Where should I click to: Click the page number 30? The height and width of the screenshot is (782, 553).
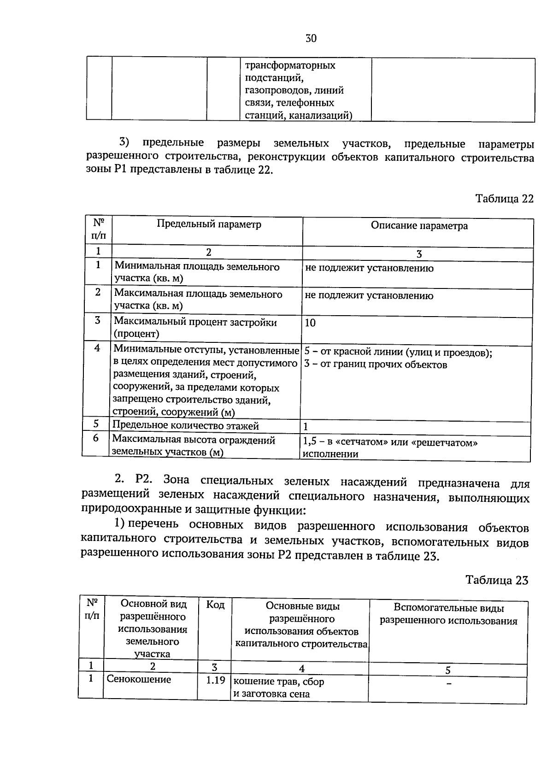(311, 39)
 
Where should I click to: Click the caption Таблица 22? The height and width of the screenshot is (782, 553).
(504, 199)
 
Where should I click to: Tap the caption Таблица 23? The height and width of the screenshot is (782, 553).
(496, 580)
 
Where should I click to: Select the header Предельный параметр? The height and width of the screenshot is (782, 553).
(209, 224)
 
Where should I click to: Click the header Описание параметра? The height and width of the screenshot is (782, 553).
(419, 226)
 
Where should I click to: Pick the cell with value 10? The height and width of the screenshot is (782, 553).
(310, 323)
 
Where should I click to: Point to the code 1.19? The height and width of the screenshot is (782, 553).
(215, 680)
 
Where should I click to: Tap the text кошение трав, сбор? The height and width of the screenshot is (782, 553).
(279, 682)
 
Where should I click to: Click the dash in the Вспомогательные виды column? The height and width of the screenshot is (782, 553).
(448, 684)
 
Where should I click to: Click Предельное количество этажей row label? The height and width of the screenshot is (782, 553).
(186, 426)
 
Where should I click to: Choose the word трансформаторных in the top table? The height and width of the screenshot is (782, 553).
(290, 65)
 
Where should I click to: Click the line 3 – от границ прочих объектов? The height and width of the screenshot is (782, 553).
(376, 365)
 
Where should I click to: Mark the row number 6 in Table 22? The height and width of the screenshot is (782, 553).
(96, 438)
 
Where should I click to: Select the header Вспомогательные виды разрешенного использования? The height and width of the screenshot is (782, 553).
(448, 615)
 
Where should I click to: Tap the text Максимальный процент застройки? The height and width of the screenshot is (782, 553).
(195, 322)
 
